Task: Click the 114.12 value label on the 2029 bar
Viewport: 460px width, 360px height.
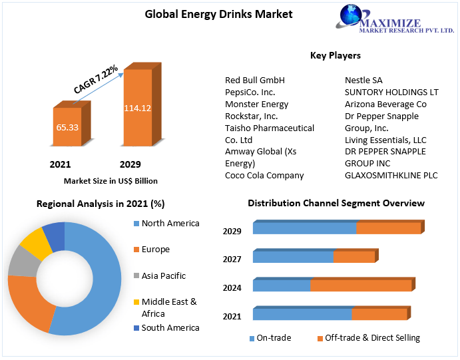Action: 137,108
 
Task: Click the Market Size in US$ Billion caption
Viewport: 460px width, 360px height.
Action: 111,180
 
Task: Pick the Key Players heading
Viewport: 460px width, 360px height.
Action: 336,55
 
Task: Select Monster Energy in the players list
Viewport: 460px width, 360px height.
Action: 257,104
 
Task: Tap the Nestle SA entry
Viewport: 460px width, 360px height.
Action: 363,81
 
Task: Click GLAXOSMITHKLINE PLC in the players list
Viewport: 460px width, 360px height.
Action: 391,176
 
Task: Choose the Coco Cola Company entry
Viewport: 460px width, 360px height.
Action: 264,176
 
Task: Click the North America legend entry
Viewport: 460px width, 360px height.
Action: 170,224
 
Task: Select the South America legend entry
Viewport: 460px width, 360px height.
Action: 170,328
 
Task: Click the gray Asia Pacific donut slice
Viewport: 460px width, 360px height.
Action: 21,264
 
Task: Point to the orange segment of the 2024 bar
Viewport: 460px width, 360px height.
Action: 360,286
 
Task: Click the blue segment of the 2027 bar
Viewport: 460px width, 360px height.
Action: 293,257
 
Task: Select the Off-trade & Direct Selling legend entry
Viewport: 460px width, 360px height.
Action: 372,338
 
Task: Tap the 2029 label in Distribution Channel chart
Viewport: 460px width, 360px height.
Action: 232,232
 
